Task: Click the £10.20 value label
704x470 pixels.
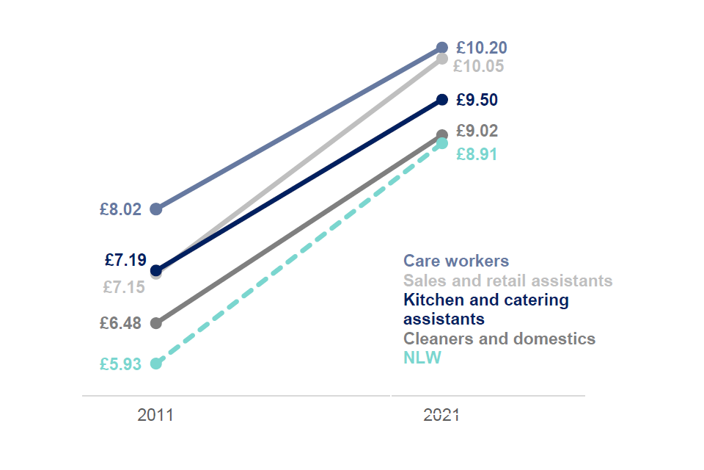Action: pyautogui.click(x=481, y=48)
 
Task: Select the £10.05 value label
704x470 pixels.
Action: pyautogui.click(x=478, y=67)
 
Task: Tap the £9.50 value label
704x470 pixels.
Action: pyautogui.click(x=477, y=100)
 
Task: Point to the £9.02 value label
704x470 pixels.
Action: pyautogui.click(x=477, y=131)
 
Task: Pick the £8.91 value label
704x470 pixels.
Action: pyautogui.click(x=477, y=154)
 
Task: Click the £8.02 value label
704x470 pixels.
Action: pyautogui.click(x=120, y=209)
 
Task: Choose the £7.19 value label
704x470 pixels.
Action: pyautogui.click(x=125, y=260)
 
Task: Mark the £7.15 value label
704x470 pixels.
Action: pyautogui.click(x=124, y=287)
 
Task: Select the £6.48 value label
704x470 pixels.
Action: pyautogui.click(x=120, y=323)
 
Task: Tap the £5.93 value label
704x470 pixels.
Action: pyautogui.click(x=120, y=364)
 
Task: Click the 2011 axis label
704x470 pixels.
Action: pyautogui.click(x=155, y=415)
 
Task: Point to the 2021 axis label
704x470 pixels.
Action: pyautogui.click(x=441, y=415)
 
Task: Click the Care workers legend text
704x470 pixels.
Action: pyautogui.click(x=455, y=261)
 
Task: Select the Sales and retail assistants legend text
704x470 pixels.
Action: pyautogui.click(x=507, y=281)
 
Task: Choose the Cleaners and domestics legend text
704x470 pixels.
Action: pyautogui.click(x=499, y=339)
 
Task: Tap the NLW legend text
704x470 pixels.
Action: pyautogui.click(x=423, y=358)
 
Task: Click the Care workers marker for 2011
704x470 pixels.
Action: pyautogui.click(x=155, y=209)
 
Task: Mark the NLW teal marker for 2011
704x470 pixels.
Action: pyautogui.click(x=155, y=363)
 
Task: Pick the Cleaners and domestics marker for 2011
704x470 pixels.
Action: pyautogui.click(x=155, y=322)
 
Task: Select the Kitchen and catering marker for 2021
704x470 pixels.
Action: pyautogui.click(x=441, y=99)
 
